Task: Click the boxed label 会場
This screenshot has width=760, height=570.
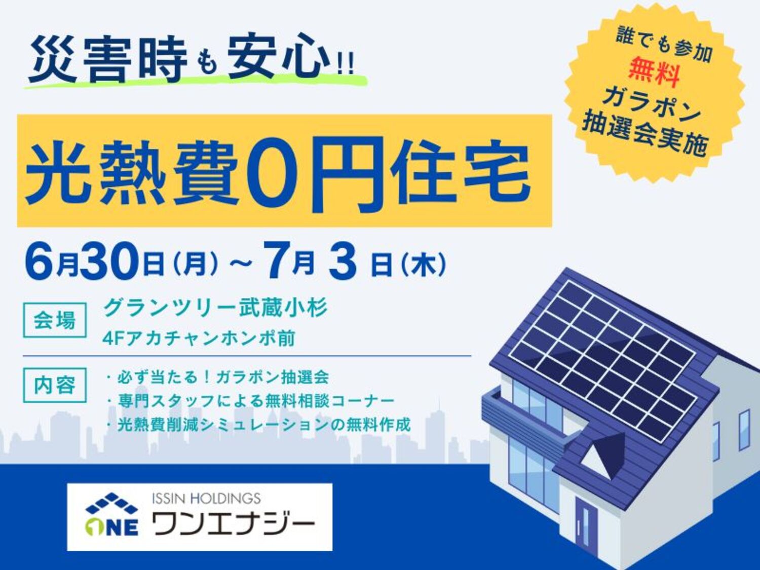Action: click(54, 320)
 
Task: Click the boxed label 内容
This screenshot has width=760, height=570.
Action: click(54, 385)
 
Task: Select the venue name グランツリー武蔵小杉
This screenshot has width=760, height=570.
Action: click(215, 308)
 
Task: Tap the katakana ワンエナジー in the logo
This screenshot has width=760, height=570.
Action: click(235, 525)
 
